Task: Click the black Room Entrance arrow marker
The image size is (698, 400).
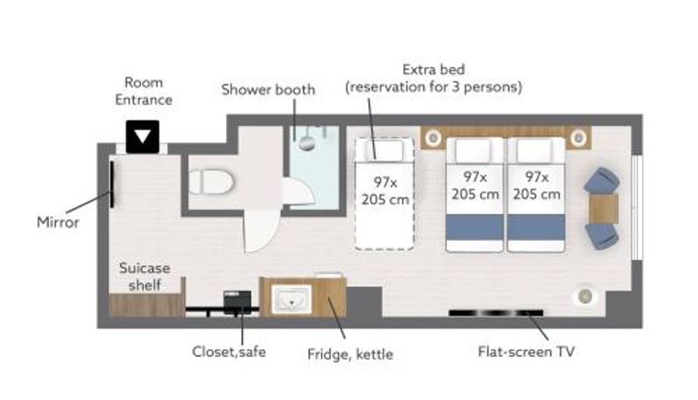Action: [142, 137]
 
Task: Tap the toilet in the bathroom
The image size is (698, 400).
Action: [211, 182]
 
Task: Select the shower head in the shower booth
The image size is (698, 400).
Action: [307, 142]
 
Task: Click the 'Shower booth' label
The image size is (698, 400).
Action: [268, 90]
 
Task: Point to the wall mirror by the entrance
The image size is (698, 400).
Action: [112, 184]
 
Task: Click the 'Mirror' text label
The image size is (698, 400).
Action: [58, 222]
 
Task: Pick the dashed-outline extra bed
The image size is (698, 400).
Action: [385, 194]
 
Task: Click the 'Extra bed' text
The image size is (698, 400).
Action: [434, 70]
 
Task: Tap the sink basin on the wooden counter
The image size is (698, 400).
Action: [291, 299]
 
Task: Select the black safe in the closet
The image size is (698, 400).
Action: [237, 301]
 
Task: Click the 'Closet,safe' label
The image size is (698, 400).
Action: [229, 351]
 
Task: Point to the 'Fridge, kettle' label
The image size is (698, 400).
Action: [351, 354]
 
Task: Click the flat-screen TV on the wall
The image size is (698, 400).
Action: [496, 313]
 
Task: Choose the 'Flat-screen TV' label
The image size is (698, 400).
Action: [526, 351]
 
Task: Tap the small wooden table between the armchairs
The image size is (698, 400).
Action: [604, 209]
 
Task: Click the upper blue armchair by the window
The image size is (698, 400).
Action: [601, 182]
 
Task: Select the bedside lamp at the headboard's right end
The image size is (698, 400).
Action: [578, 138]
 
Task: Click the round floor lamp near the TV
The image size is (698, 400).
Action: [585, 295]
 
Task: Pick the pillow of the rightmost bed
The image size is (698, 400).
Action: [536, 150]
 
